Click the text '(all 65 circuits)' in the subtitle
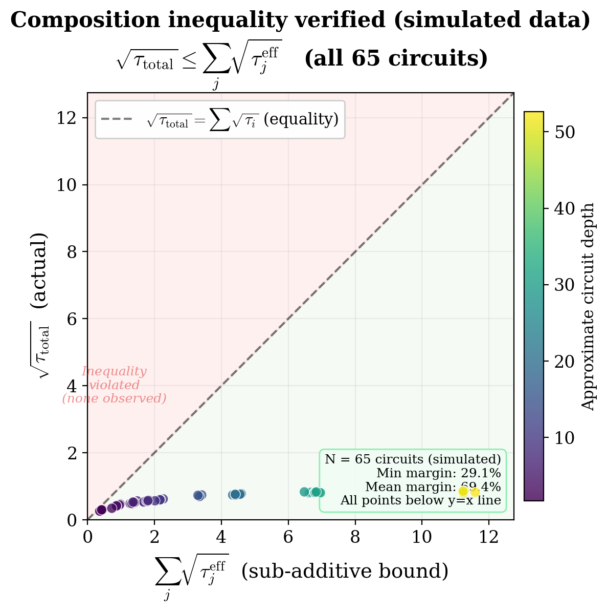click(x=396, y=58)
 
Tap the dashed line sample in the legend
click(x=117, y=119)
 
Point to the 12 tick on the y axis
click(x=71, y=118)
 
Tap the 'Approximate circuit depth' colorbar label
click(x=589, y=306)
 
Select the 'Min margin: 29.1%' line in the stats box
click(x=438, y=473)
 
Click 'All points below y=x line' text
click(x=420, y=500)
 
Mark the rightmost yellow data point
click(x=475, y=492)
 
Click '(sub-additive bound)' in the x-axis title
click(x=344, y=571)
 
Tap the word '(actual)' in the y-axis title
click(x=39, y=270)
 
